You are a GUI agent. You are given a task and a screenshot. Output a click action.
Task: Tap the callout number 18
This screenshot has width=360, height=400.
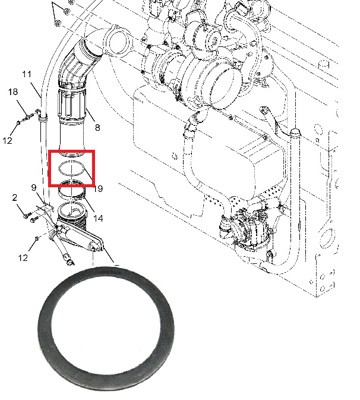coord(14,93)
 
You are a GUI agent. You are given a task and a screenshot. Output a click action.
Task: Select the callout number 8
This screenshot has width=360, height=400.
coord(97,128)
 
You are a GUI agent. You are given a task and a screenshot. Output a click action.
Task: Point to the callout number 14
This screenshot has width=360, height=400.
coord(97,218)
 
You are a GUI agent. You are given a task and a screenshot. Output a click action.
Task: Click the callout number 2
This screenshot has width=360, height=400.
coord(15,198)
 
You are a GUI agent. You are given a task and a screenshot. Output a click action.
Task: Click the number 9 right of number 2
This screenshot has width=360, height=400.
coord(32,188)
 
